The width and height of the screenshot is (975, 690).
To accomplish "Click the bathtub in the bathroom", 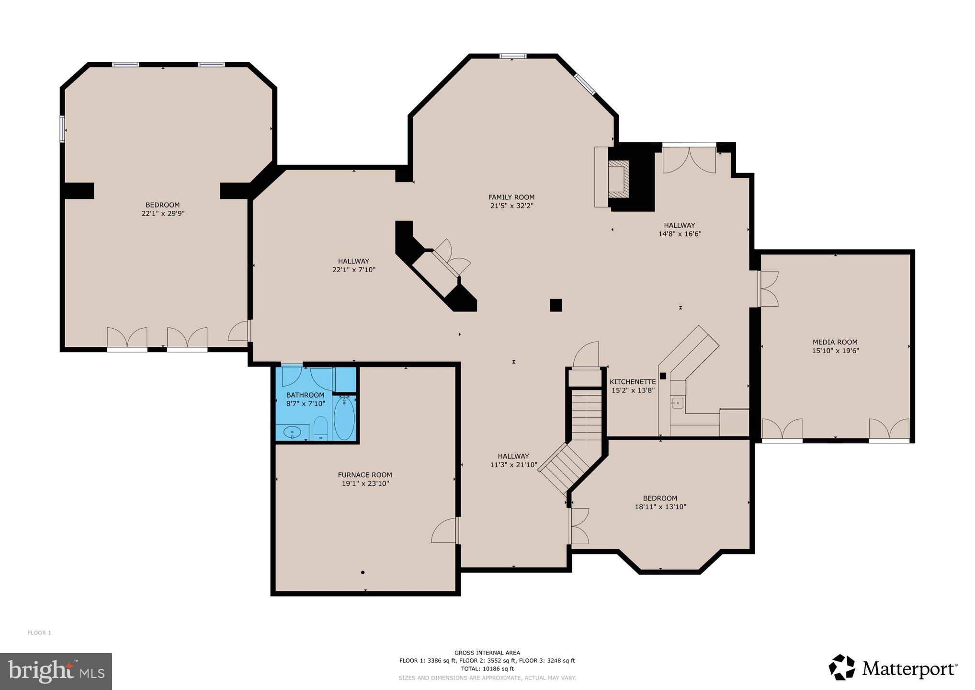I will point(344,418).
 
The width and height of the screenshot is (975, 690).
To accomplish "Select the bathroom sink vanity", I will point(292,432).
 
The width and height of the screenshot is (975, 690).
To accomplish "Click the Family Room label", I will point(511,197).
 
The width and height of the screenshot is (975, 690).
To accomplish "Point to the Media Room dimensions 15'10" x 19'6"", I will point(835,351).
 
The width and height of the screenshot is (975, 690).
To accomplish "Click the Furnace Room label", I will point(364,475).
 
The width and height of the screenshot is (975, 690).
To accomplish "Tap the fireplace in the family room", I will point(617,177).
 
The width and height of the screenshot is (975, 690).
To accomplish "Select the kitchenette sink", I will point(677,402).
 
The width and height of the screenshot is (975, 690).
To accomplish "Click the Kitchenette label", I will point(632,382).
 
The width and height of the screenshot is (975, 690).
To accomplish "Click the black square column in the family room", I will point(556,305).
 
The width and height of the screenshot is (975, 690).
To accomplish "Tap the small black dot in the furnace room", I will point(363,572).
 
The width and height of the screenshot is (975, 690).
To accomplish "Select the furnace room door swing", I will point(444,531).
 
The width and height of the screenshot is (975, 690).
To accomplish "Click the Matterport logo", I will point(893,667).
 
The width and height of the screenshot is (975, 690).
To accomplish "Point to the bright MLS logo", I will point(56,671).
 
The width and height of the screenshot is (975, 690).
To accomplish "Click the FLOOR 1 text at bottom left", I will point(39,633).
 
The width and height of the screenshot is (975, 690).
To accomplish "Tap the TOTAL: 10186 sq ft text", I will point(487,668).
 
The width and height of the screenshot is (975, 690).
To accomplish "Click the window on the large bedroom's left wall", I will point(62,129).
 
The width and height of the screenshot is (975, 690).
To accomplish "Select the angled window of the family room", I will point(585,84).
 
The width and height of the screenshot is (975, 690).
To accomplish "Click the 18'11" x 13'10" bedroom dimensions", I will point(660,507).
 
